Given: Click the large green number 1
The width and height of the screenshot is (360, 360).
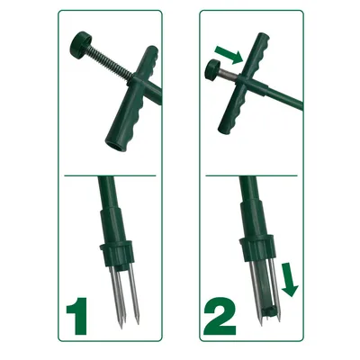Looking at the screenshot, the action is click(x=78, y=316).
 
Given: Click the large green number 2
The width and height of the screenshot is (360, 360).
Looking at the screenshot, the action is click(x=220, y=316).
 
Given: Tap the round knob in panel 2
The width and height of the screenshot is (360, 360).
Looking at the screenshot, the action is click(x=211, y=71).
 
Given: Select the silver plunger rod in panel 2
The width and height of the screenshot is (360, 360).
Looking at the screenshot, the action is click(x=229, y=76).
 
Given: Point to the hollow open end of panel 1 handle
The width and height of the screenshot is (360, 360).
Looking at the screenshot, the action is click(x=114, y=143).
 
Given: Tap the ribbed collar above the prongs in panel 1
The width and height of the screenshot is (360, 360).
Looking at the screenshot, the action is click(x=117, y=255).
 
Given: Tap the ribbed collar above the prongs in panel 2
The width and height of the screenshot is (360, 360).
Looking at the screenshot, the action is click(x=257, y=247).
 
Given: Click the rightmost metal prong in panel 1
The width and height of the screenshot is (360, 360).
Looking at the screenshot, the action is click(x=134, y=295).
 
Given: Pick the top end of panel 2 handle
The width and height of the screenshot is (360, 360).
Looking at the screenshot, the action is click(x=263, y=36).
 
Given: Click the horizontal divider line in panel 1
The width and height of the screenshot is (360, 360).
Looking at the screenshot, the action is click(x=110, y=175).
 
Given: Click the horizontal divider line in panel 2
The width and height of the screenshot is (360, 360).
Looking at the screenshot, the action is click(x=251, y=175).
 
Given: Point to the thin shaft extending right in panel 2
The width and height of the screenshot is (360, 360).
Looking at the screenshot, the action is click(x=285, y=96).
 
